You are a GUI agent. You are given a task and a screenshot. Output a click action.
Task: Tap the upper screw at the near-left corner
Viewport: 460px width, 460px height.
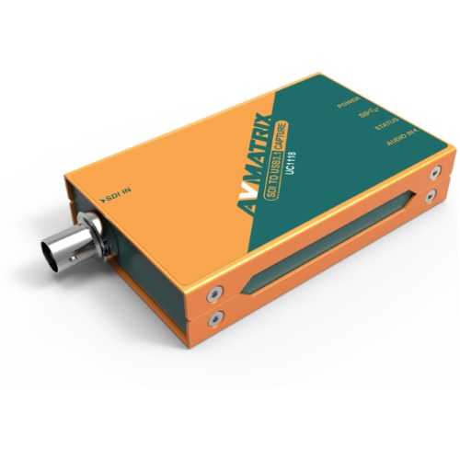(x=213, y=296)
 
